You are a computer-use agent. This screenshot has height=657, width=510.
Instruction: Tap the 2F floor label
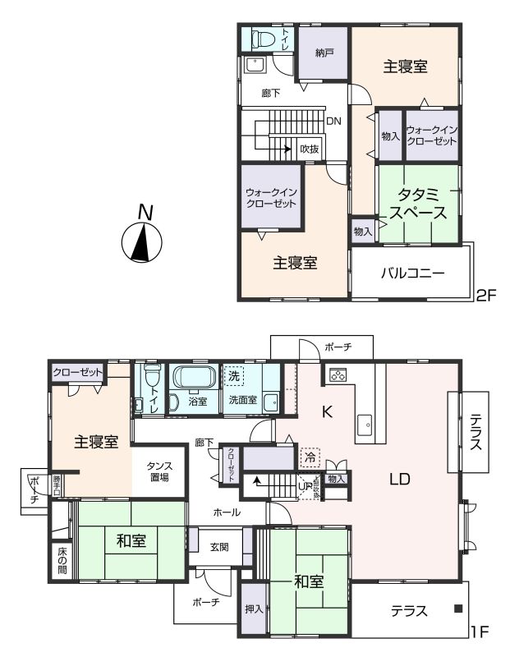coord(489,293)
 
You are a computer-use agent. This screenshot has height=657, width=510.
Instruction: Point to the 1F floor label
coord(480,633)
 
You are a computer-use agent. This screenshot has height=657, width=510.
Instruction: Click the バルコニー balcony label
coord(412,273)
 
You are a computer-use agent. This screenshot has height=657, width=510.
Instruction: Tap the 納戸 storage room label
coord(325,53)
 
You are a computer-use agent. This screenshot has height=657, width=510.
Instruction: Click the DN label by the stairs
coord(333,122)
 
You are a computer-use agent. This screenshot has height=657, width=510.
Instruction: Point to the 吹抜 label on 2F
coord(309,149)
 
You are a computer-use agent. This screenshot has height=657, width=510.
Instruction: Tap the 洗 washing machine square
coord(234,376)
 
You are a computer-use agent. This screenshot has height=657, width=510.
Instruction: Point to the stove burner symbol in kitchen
coord(338,375)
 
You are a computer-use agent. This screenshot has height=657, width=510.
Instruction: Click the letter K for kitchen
coord(326,413)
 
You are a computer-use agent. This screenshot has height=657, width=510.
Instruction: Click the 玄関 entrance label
coord(218,547)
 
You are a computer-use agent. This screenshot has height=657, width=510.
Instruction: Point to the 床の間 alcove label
coord(62,559)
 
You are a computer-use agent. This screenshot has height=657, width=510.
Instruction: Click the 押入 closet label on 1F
coord(254,609)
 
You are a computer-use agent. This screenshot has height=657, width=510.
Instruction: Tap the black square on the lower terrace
coord(458,609)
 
